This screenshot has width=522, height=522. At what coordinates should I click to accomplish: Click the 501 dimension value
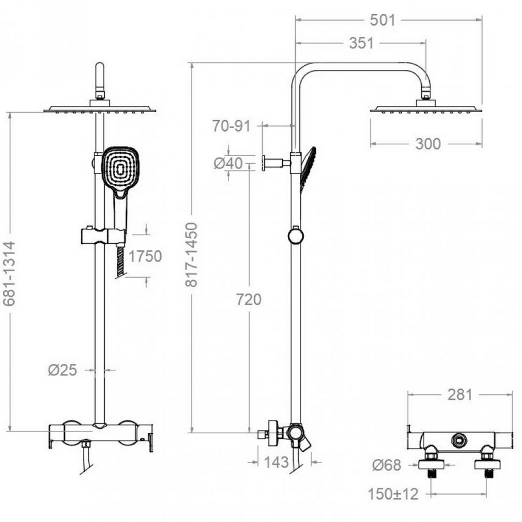tap(382, 20)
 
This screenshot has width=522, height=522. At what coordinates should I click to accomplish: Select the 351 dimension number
tap(361, 43)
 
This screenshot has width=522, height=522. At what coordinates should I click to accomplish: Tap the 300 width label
tap(428, 144)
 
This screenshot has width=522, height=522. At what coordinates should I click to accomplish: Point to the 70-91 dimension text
tap(231, 126)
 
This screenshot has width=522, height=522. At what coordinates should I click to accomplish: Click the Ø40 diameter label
tap(228, 163)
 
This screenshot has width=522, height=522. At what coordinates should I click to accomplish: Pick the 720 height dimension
tap(248, 299)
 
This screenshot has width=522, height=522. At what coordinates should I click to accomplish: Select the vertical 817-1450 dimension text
tap(192, 255)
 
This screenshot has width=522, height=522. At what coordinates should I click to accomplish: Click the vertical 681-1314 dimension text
tap(9, 274)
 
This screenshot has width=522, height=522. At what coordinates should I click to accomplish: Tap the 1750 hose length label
tap(145, 256)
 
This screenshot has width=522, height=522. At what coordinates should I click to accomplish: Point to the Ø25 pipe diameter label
tap(62, 370)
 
